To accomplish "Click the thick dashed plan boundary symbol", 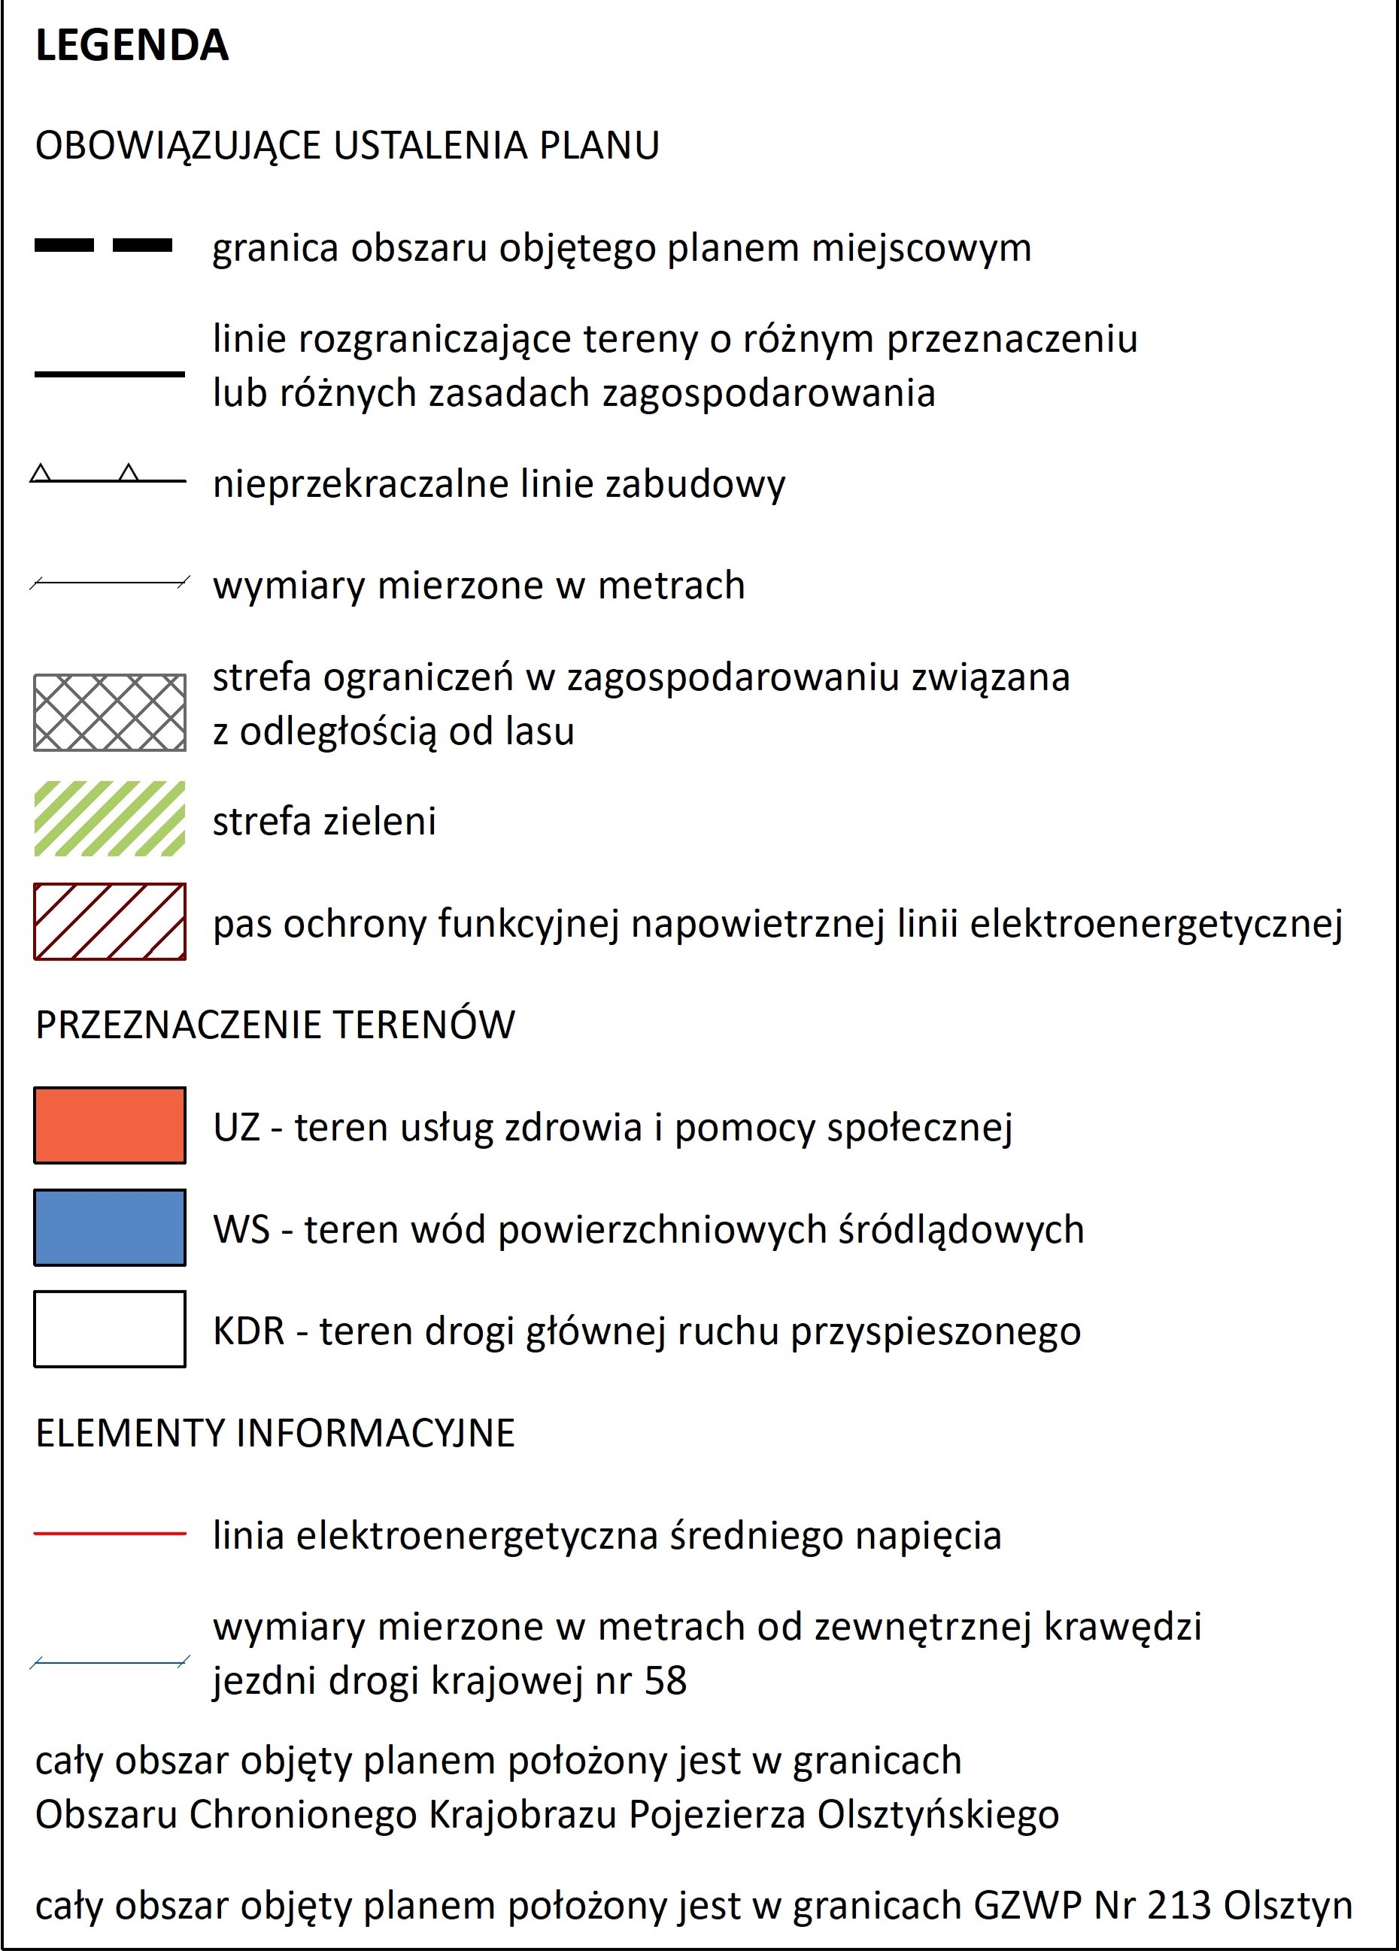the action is tap(103, 246).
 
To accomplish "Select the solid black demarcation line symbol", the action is tap(109, 374).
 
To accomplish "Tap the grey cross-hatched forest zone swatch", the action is tap(109, 712).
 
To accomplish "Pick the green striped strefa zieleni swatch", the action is tap(109, 818).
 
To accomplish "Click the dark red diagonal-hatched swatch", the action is tap(109, 921).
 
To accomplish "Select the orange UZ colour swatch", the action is tap(109, 1125).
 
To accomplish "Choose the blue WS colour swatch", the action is tap(109, 1228).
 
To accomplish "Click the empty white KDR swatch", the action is tap(109, 1329).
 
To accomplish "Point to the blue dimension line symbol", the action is tap(109, 1663).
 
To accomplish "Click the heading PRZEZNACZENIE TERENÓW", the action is tap(275, 1025).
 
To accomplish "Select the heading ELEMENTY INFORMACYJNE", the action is tap(275, 1433).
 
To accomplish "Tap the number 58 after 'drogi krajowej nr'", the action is tap(665, 1681).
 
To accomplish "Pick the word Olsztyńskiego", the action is tap(938, 1816).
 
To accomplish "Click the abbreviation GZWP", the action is tap(1027, 1905).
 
